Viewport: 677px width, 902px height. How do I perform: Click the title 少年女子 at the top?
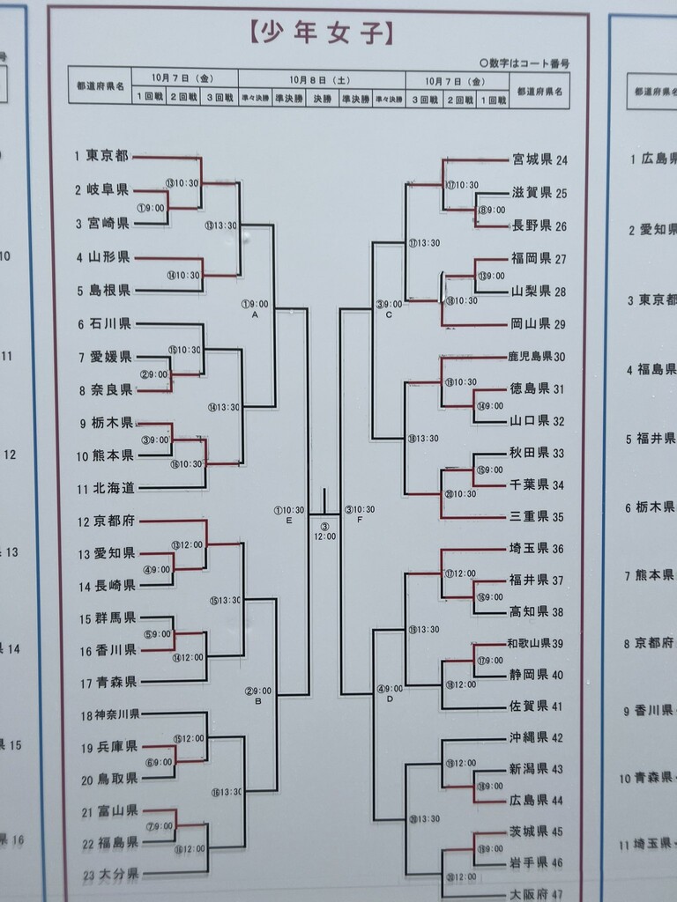(x=320, y=33)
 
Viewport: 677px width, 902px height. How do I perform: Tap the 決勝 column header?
(x=320, y=100)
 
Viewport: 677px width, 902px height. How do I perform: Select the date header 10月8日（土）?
(x=320, y=79)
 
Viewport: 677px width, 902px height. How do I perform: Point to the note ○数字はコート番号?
(x=524, y=63)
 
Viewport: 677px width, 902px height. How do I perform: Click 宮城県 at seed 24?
(x=532, y=159)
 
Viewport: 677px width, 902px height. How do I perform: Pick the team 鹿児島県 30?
(x=530, y=357)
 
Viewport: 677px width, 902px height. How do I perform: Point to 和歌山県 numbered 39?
(x=528, y=643)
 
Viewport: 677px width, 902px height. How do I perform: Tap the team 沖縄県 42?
(x=532, y=737)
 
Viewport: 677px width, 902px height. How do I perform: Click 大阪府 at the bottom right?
(x=532, y=894)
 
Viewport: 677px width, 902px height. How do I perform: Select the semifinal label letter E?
(x=288, y=521)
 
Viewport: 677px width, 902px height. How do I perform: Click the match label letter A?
(x=254, y=314)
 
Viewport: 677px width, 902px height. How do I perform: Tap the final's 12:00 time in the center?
(x=324, y=536)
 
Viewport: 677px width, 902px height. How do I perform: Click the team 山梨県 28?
(x=532, y=291)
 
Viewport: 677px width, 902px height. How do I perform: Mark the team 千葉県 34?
(x=532, y=484)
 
